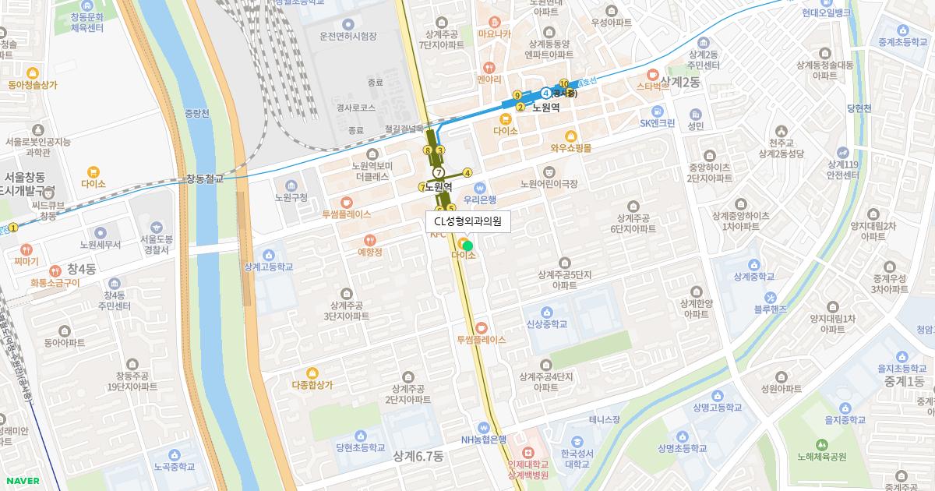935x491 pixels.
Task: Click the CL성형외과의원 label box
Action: (x=467, y=221)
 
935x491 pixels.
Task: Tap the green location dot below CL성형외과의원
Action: (x=467, y=245)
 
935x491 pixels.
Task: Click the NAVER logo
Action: (x=21, y=480)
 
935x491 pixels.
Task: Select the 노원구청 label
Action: (x=291, y=197)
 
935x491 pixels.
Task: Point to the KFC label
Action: (x=438, y=234)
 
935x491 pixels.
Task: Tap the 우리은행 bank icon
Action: (x=480, y=187)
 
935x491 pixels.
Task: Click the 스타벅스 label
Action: (x=653, y=87)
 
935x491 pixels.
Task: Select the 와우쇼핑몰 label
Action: (x=570, y=147)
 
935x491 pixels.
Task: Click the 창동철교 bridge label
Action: (x=204, y=178)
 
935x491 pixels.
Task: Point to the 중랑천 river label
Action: (x=197, y=113)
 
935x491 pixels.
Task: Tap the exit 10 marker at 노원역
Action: (x=563, y=83)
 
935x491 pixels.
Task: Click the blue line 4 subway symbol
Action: (x=546, y=94)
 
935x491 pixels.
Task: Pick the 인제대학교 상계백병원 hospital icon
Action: (x=527, y=452)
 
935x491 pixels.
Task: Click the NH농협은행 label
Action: (x=483, y=440)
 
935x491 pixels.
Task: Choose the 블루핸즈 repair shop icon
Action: (x=770, y=297)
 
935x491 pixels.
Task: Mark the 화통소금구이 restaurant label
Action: (x=55, y=283)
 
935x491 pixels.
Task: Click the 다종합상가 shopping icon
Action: (x=312, y=372)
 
